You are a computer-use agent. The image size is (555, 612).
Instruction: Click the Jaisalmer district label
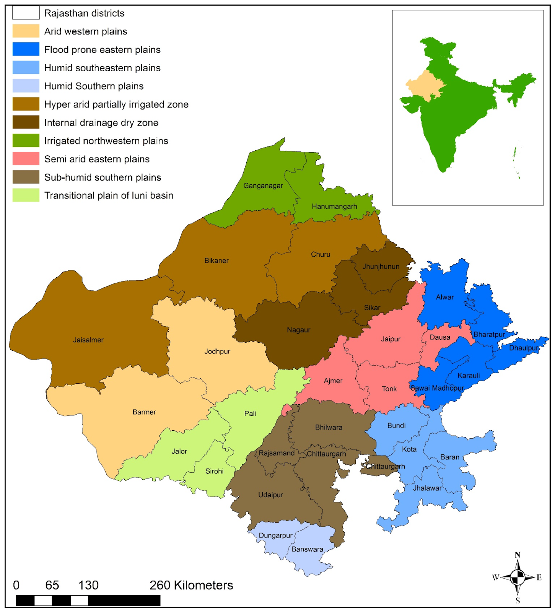click(x=88, y=340)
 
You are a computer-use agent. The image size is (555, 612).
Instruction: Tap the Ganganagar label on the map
click(x=263, y=186)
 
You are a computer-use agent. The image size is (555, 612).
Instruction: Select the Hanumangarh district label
click(x=334, y=207)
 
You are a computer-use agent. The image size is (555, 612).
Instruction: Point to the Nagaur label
click(x=299, y=330)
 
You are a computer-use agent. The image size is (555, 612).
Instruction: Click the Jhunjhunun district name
click(x=381, y=267)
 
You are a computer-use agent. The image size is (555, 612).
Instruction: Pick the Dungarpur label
click(x=275, y=535)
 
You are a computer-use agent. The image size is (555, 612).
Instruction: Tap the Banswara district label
click(x=308, y=549)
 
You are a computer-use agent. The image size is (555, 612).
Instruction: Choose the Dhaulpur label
click(x=524, y=348)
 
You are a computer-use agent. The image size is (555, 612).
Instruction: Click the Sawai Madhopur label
click(x=437, y=388)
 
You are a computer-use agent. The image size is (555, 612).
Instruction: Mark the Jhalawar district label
click(x=427, y=488)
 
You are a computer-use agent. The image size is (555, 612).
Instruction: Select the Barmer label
click(x=144, y=412)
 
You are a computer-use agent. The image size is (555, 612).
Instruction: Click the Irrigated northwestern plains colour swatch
click(x=26, y=141)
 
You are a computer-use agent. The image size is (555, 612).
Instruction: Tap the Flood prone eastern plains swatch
click(x=26, y=49)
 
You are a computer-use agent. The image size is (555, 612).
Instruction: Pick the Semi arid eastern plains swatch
click(x=26, y=159)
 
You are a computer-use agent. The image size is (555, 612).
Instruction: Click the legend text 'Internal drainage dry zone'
click(x=101, y=123)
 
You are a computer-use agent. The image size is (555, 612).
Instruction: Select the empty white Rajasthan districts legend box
click(x=26, y=13)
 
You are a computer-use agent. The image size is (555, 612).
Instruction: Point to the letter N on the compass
click(x=518, y=555)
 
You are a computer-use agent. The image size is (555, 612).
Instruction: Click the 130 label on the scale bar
click(x=88, y=585)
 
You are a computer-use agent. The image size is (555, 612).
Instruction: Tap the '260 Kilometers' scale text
click(x=191, y=585)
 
